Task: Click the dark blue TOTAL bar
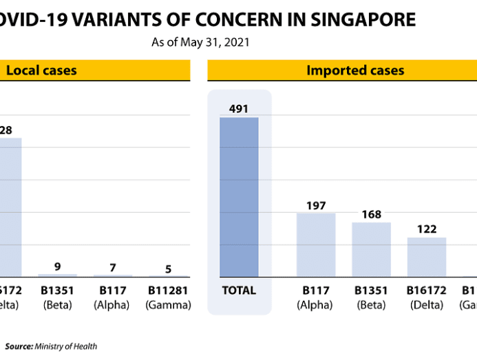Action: tap(239, 197)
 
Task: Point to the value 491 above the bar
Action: tap(239, 109)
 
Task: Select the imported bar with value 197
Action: tap(316, 244)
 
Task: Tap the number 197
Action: tap(317, 205)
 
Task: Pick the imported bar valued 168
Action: tap(371, 249)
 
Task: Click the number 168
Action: tap(372, 215)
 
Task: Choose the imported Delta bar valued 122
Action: tap(427, 257)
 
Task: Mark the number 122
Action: tap(427, 229)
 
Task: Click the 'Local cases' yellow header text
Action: tap(41, 70)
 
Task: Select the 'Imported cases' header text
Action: tap(355, 70)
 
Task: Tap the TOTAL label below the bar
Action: tap(239, 290)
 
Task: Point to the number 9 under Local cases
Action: tap(58, 267)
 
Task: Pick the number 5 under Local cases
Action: tap(168, 269)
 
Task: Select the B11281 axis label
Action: tap(168, 290)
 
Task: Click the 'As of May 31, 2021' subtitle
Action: tap(200, 42)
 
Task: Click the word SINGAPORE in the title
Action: tap(363, 19)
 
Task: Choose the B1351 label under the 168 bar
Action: tap(372, 290)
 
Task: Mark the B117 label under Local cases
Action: tap(113, 290)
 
